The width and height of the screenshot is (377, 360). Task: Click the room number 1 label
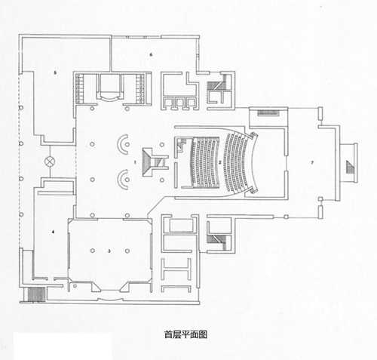click(135, 162)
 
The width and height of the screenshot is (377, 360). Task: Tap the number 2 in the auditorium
click(219, 162)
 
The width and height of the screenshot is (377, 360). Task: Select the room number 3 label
click(109, 251)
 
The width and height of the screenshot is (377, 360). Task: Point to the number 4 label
click(53, 232)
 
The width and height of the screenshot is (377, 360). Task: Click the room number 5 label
click(55, 72)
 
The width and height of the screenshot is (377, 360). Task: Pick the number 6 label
click(151, 54)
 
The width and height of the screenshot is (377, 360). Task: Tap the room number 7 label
click(312, 162)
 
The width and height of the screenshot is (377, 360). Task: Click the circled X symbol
click(49, 162)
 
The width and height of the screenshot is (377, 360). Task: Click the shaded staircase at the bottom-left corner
click(37, 294)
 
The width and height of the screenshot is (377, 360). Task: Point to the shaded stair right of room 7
click(350, 167)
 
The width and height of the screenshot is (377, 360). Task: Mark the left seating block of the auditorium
click(205, 162)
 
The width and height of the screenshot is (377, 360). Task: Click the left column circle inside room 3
click(93, 251)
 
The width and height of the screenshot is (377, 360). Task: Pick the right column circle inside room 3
click(127, 251)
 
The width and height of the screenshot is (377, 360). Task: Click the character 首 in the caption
click(168, 334)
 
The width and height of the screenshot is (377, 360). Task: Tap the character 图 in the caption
click(203, 334)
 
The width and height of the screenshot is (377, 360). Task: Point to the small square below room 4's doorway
click(75, 286)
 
